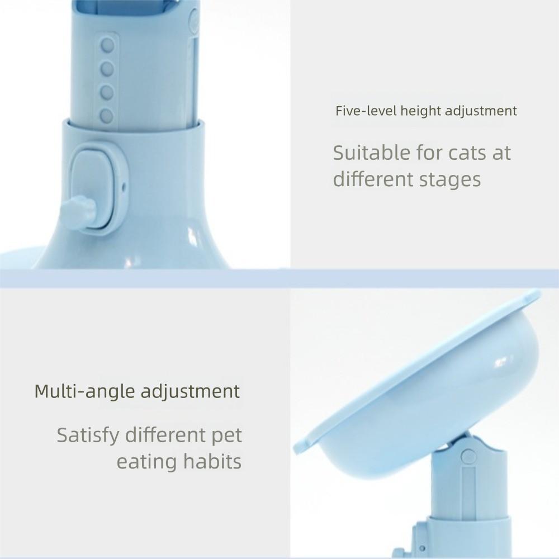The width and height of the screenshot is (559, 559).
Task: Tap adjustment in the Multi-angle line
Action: pyautogui.click(x=190, y=391)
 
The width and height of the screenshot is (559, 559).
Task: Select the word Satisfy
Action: pyautogui.click(x=88, y=435)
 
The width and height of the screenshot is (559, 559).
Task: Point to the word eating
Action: pyautogui.click(x=146, y=462)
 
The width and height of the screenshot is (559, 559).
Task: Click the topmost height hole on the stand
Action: pyautogui.click(x=107, y=45)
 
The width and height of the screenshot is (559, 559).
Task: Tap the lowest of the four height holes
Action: pyautogui.click(x=106, y=116)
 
